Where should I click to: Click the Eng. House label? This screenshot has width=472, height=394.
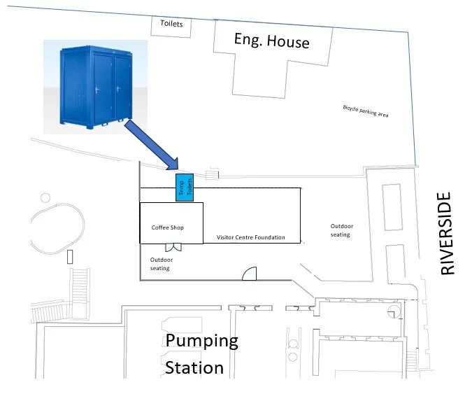click(x=271, y=41)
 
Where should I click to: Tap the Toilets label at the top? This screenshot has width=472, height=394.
click(x=171, y=24)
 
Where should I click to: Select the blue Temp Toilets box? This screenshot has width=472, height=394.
click(x=184, y=187)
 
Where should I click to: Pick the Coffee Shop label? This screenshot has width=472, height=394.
click(x=167, y=227)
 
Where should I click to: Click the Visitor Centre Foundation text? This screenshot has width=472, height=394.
click(x=250, y=238)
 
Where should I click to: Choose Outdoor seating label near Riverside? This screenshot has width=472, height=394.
click(x=341, y=230)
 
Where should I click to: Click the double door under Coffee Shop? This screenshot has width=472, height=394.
click(x=173, y=247)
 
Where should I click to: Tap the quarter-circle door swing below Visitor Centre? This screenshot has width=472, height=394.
click(x=250, y=274)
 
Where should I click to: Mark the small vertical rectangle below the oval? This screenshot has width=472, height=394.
click(x=69, y=256)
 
